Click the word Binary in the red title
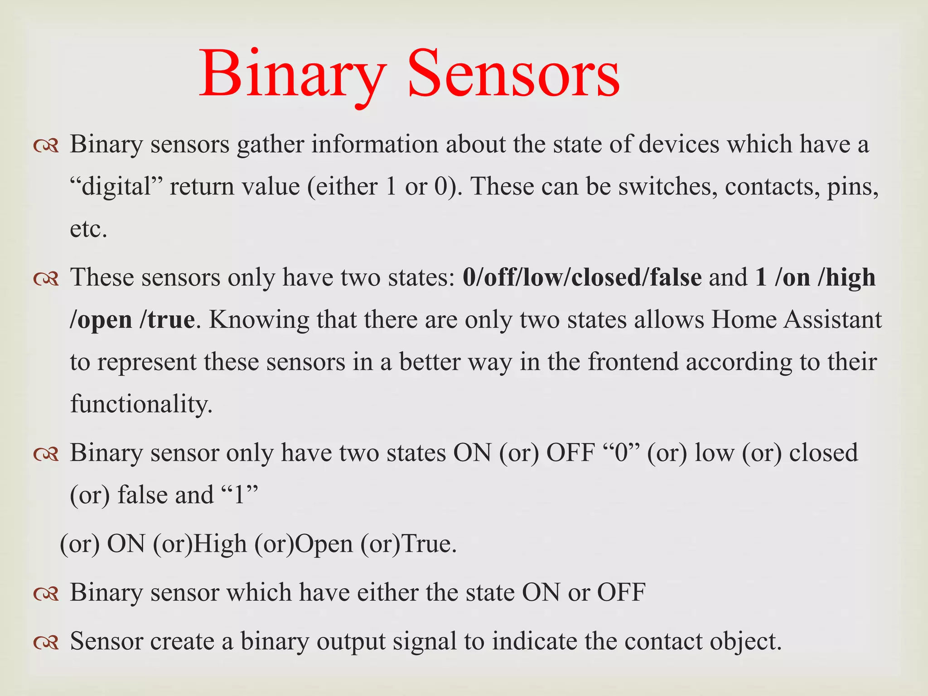point(293,75)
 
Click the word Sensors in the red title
point(513,75)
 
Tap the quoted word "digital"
point(116,187)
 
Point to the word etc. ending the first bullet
point(88,229)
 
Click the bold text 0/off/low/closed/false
point(582,277)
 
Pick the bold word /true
point(167,320)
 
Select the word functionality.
point(141,404)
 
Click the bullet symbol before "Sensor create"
point(46,643)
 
